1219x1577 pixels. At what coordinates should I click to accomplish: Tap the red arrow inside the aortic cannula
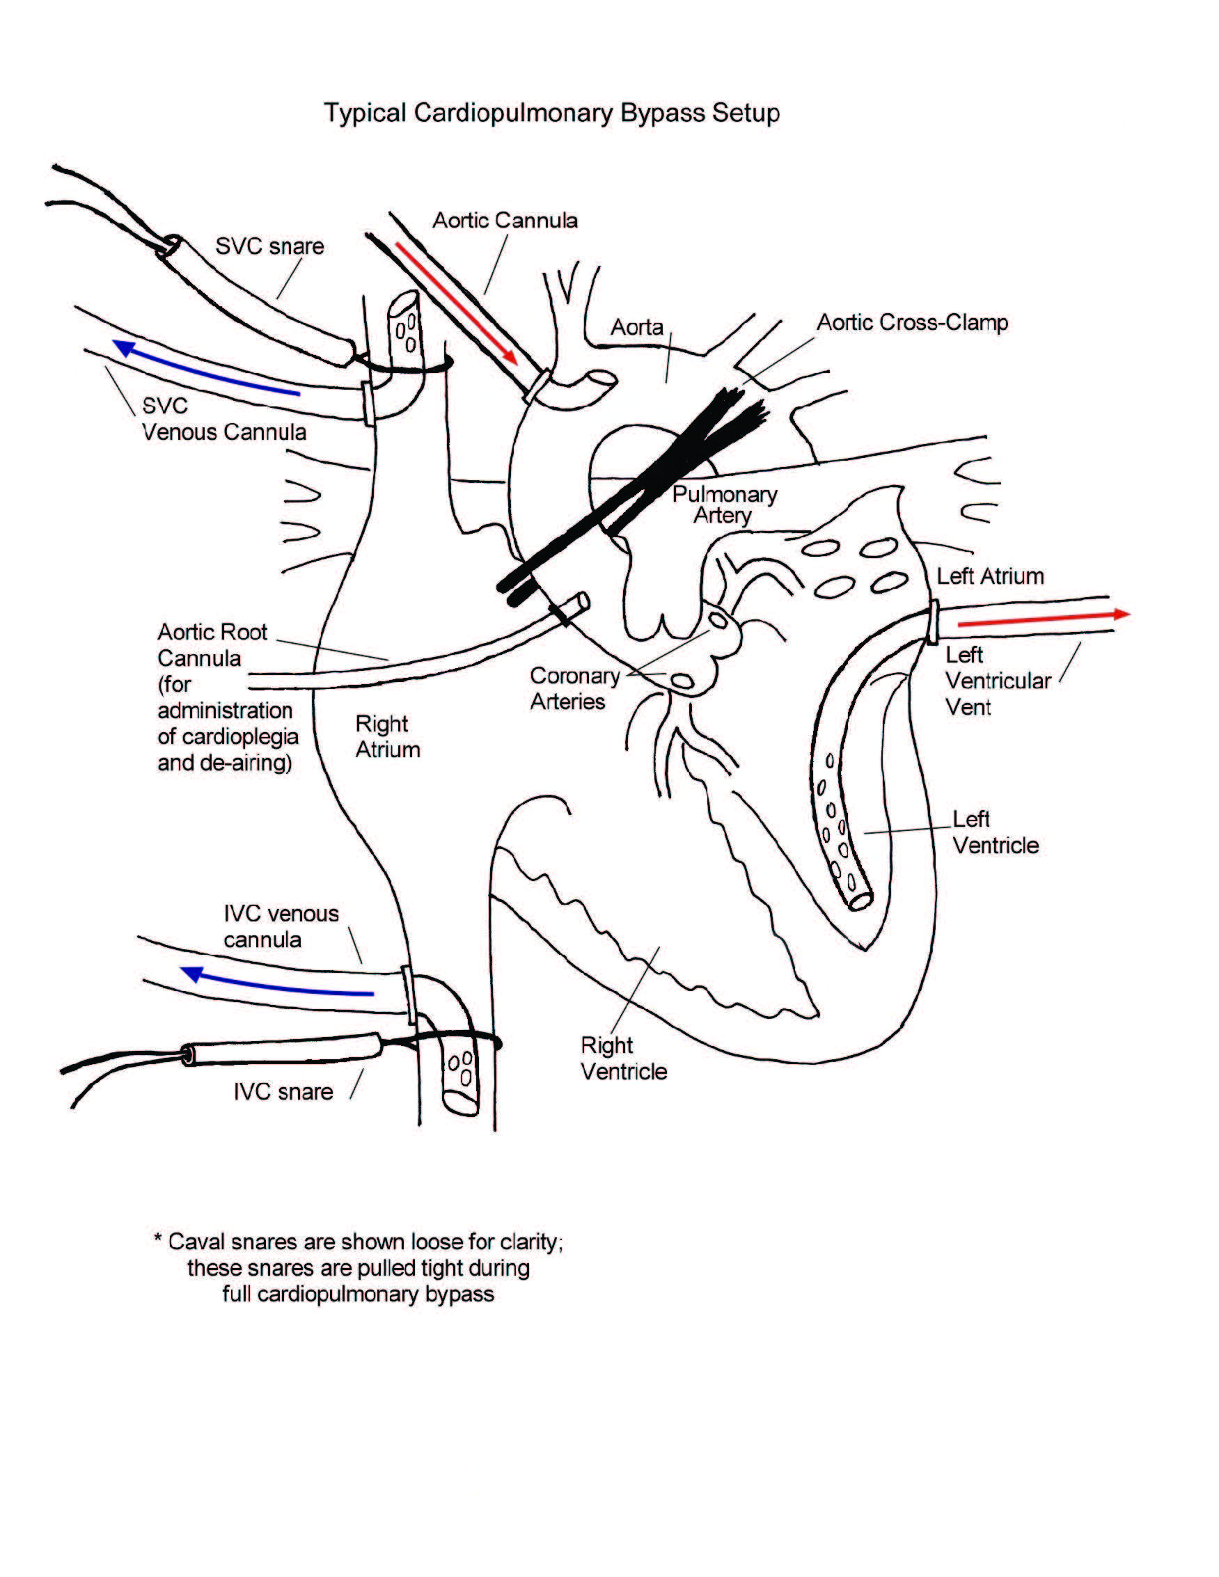click(456, 303)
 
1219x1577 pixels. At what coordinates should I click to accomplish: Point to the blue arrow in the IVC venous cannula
click(278, 985)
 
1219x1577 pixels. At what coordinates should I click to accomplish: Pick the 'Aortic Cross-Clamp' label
click(911, 323)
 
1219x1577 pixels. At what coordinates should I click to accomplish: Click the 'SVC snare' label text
click(269, 246)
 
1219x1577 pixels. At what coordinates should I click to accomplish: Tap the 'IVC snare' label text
click(283, 1092)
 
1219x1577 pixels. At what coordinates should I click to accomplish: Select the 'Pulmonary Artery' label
click(723, 505)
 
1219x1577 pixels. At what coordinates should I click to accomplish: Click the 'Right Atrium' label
click(387, 736)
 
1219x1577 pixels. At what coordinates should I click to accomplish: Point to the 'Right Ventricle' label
click(623, 1058)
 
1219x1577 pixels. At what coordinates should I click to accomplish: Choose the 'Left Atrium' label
click(989, 576)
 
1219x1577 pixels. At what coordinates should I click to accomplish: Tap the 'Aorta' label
click(636, 327)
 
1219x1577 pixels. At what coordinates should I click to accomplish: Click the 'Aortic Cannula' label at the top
click(505, 220)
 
